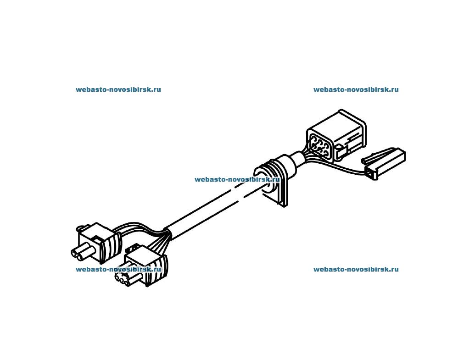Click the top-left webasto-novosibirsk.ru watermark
[118, 89]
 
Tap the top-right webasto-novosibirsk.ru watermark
[356, 89]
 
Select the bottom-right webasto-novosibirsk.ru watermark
[356, 269]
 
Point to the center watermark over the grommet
[237, 180]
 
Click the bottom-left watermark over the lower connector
[118, 269]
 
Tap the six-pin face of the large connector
[319, 145]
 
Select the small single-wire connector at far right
[384, 164]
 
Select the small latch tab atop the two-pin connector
[84, 226]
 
